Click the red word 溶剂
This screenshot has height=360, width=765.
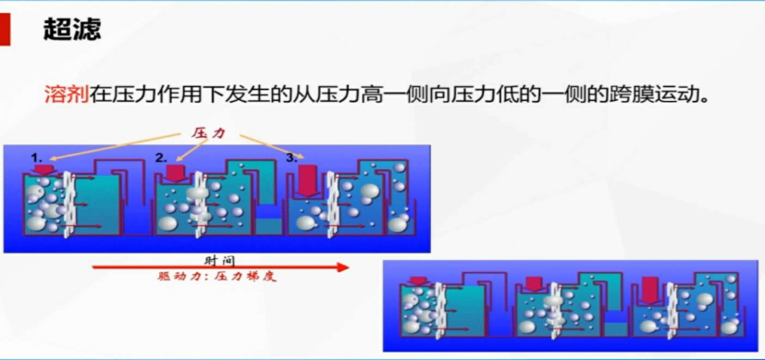pos(67,94)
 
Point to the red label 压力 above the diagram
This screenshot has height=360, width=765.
pos(208,133)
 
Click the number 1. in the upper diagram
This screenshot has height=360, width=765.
pos(36,158)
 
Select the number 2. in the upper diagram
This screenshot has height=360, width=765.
pos(161,157)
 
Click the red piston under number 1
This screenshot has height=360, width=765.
pos(42,170)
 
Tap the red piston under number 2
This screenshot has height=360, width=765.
pos(175,173)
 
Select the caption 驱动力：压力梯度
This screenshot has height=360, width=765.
pos(217,276)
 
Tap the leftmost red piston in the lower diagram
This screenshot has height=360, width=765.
pos(416,280)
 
